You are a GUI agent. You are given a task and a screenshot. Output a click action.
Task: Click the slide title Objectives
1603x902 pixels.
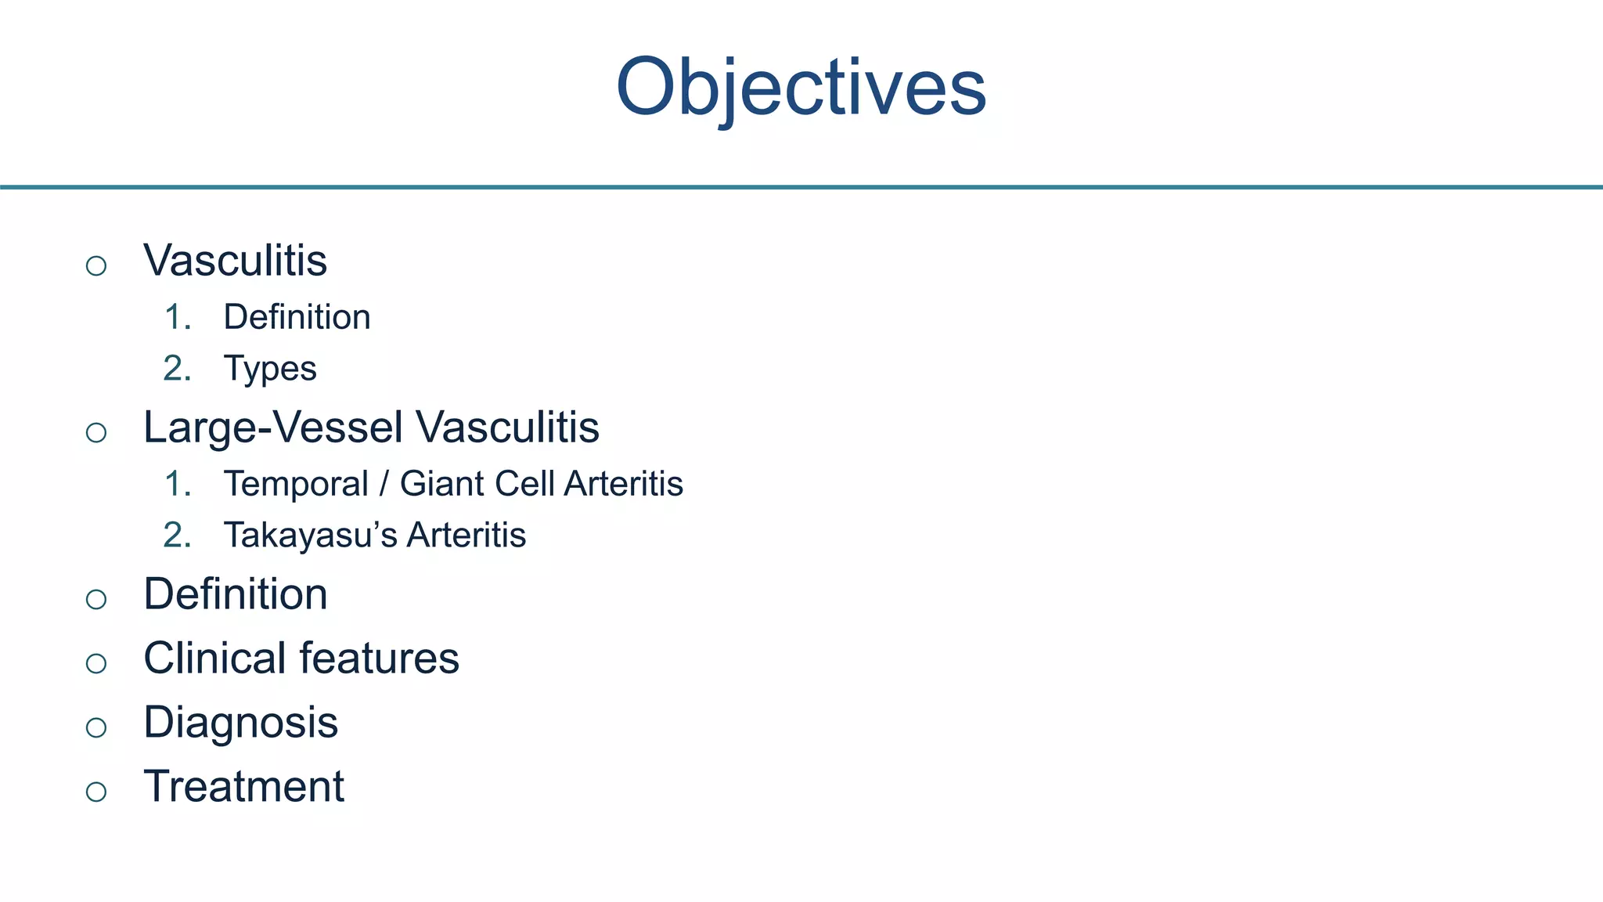pyautogui.click(x=801, y=87)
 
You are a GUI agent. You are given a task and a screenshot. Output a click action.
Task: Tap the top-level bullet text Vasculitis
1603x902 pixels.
pyautogui.click(x=235, y=260)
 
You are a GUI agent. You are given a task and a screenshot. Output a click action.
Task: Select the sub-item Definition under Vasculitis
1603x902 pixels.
pyautogui.click(x=297, y=317)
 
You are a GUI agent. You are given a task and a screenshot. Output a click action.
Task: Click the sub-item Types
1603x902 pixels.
pyautogui.click(x=270, y=368)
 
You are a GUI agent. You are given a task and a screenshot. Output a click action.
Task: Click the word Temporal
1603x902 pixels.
pyautogui.click(x=295, y=484)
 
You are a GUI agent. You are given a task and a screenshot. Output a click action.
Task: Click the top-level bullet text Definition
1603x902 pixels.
pyautogui.click(x=235, y=594)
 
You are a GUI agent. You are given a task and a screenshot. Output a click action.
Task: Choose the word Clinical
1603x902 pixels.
pyautogui.click(x=214, y=658)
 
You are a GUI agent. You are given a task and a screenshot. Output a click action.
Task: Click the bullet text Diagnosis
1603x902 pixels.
pyautogui.click(x=240, y=723)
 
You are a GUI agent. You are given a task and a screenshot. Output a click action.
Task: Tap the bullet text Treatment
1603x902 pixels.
pyautogui.click(x=243, y=787)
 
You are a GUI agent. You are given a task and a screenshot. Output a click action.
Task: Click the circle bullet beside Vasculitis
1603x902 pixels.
pyautogui.click(x=96, y=266)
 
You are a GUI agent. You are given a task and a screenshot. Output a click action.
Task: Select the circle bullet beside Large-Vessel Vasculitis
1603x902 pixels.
pyautogui.click(x=96, y=433)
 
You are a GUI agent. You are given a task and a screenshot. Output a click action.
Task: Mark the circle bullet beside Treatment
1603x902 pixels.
pyautogui.click(x=96, y=792)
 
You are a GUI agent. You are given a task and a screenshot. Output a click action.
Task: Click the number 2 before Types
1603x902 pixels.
pyautogui.click(x=174, y=368)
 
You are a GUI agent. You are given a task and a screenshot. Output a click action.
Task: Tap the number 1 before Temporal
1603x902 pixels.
pyautogui.click(x=175, y=484)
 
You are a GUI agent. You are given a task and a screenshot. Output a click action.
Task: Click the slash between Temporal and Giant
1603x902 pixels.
pyautogui.click(x=384, y=484)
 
